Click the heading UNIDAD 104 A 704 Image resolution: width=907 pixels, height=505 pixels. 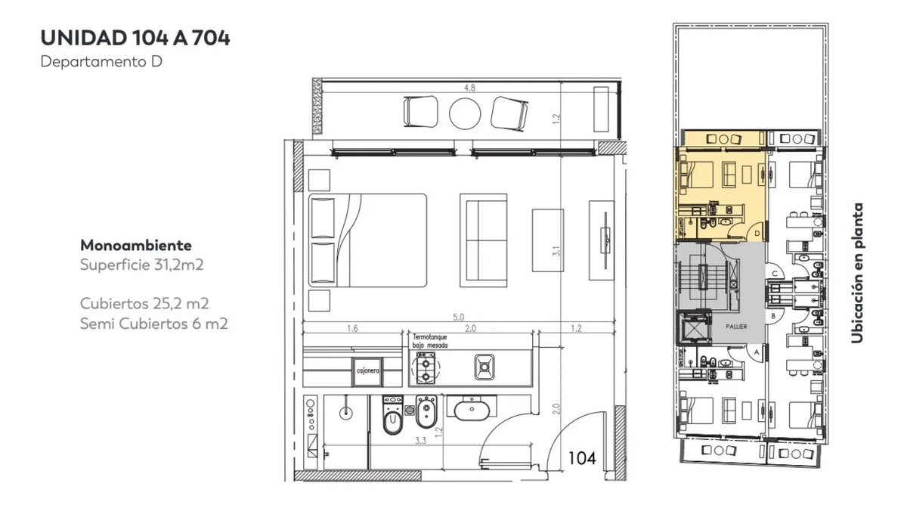pyautogui.click(x=135, y=38)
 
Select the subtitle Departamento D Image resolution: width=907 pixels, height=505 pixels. pyautogui.click(x=101, y=61)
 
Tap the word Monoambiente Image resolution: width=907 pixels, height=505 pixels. pyautogui.click(x=136, y=245)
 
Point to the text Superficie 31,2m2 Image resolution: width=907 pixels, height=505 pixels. pyautogui.click(x=142, y=265)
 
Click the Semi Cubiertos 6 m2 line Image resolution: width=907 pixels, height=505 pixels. pyautogui.click(x=154, y=324)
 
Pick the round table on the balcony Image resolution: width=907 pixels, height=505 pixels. pyautogui.click(x=465, y=113)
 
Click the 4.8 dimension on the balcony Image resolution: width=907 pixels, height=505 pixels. pyautogui.click(x=469, y=88)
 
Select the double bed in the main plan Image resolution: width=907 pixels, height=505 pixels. pyautogui.click(x=367, y=240)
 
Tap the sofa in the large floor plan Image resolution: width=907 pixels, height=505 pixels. pyautogui.click(x=484, y=240)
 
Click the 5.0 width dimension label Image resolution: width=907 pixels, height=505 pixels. pyautogui.click(x=458, y=317)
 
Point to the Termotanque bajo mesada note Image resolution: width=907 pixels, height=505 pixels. pyautogui.click(x=430, y=341)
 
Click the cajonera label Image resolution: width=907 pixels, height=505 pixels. pyautogui.click(x=367, y=371)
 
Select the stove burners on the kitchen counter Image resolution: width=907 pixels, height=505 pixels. pyautogui.click(x=426, y=367)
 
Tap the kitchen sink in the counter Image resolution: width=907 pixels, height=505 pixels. pyautogui.click(x=484, y=367)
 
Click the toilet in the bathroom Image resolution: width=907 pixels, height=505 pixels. pyautogui.click(x=392, y=416)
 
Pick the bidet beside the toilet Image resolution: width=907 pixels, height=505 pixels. pyautogui.click(x=426, y=412)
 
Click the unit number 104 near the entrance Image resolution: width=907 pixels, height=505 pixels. pyautogui.click(x=582, y=458)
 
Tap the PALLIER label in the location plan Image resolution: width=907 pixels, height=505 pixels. pyautogui.click(x=736, y=327)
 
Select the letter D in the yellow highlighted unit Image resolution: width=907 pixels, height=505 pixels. pyautogui.click(x=757, y=234)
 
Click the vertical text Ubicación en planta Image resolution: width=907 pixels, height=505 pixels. pyautogui.click(x=857, y=273)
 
